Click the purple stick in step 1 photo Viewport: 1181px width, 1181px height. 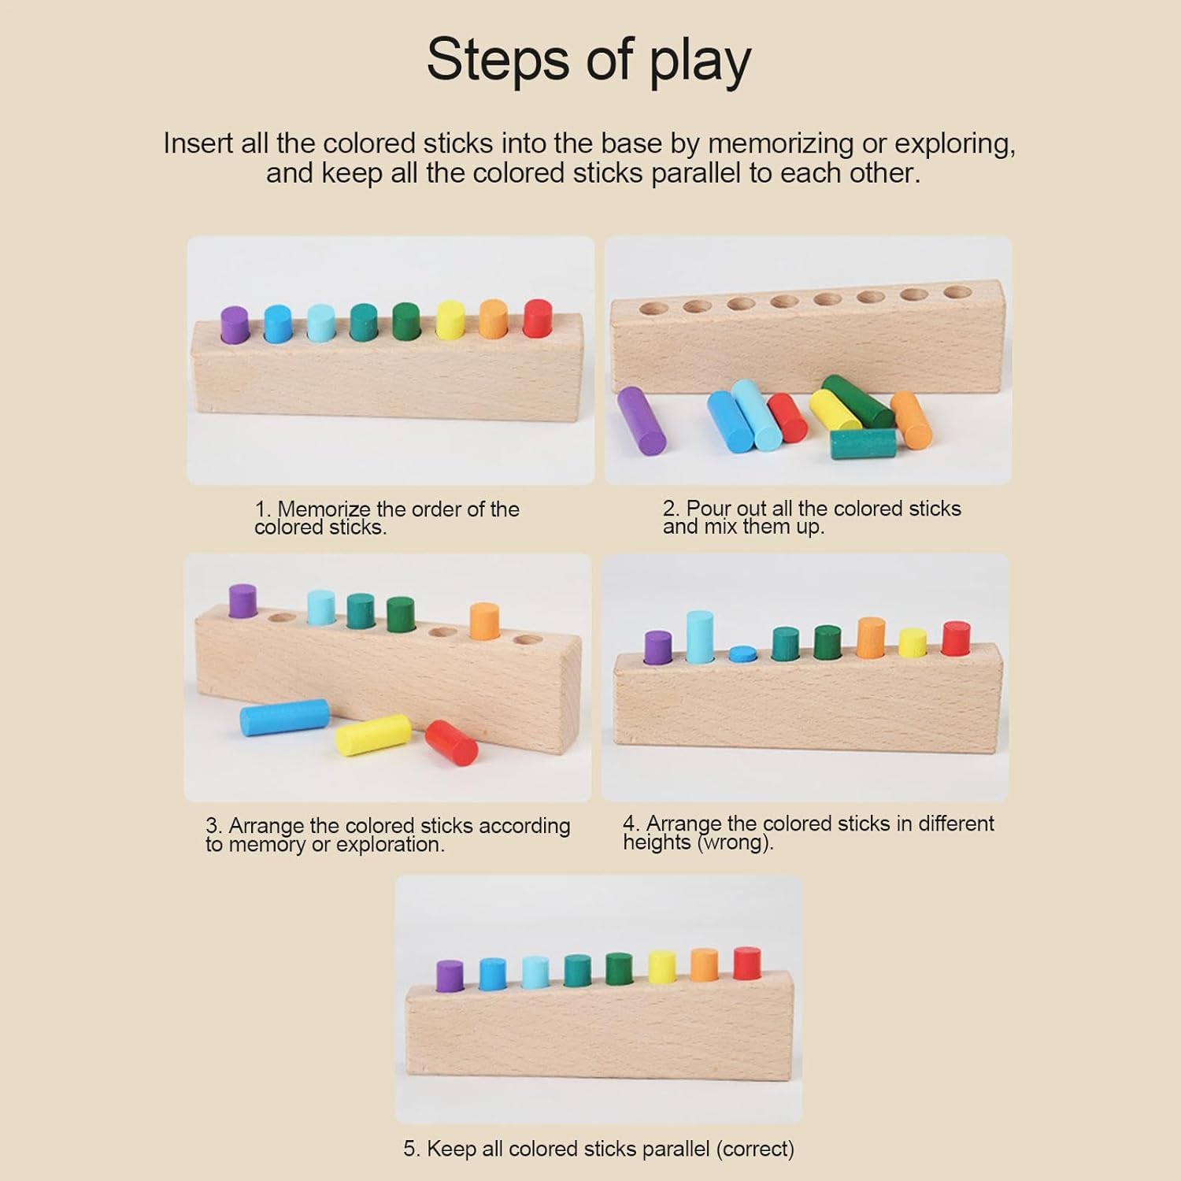(235, 325)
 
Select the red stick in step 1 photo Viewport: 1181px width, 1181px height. (537, 319)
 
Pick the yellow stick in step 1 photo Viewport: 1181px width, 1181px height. (450, 320)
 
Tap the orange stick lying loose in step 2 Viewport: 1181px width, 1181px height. (911, 420)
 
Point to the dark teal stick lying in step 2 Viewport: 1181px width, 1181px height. (863, 444)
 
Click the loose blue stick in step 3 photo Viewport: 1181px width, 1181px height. (284, 717)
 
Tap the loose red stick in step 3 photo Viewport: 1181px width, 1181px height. (451, 742)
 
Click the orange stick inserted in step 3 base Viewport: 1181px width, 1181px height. (484, 621)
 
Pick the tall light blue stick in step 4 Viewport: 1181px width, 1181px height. (699, 637)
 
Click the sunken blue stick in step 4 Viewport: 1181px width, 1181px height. (742, 653)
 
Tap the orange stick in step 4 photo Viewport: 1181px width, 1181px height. (871, 638)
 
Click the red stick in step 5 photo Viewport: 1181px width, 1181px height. (746, 964)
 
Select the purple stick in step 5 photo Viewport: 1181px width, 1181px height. (449, 976)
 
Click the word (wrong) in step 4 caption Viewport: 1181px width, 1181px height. (735, 843)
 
